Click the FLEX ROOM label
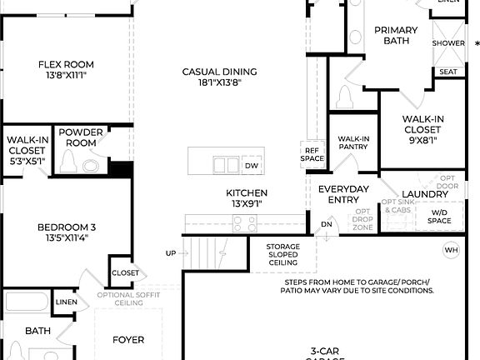66,65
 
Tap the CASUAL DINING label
220,72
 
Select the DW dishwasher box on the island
252,166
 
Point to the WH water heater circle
451,250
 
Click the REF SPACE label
312,153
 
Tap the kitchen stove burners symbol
244,222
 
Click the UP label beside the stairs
171,253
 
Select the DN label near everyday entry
327,224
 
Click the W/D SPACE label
439,216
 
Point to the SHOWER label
448,43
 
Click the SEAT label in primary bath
447,72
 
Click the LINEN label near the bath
66,302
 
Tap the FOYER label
128,340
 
